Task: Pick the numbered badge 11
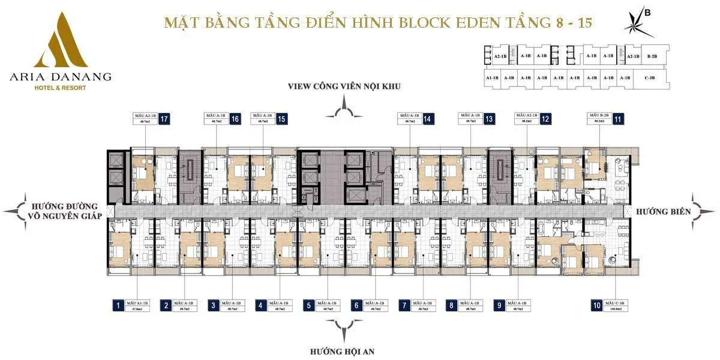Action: click(x=618, y=119)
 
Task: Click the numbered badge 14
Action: click(x=427, y=119)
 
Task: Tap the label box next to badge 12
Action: click(x=526, y=119)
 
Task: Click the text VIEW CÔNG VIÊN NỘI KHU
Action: click(x=344, y=86)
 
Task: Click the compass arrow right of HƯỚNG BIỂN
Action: click(x=703, y=211)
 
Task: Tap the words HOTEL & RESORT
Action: click(x=60, y=88)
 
